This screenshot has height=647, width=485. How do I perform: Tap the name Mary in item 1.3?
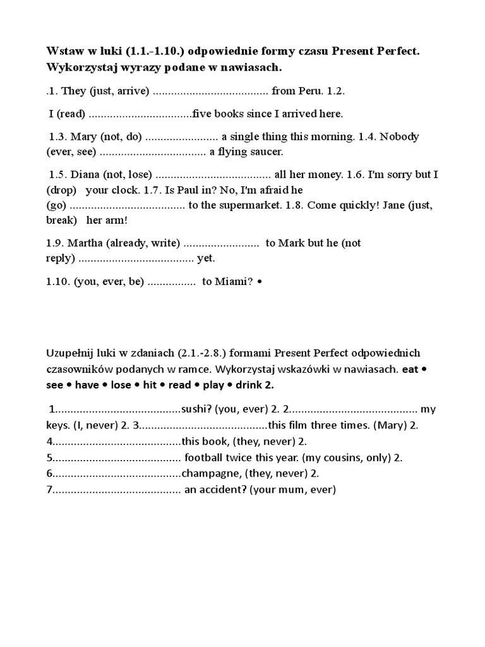coord(84,136)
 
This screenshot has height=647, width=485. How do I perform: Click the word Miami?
coord(231,282)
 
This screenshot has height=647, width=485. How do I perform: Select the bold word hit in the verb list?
coord(150,384)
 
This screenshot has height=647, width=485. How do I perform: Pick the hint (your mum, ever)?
coord(293,489)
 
